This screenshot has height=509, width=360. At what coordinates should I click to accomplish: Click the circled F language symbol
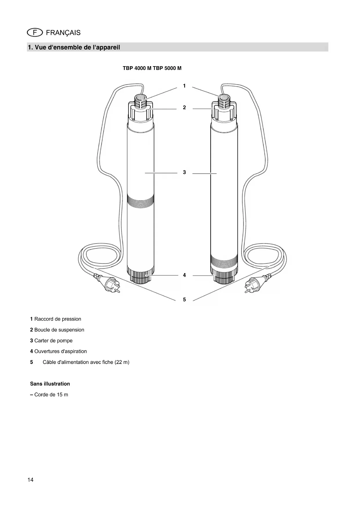point(35,33)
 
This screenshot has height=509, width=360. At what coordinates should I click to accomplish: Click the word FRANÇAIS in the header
point(63,33)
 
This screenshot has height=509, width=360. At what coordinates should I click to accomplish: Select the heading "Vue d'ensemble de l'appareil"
point(77,47)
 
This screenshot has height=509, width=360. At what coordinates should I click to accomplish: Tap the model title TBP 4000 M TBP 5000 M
point(152,68)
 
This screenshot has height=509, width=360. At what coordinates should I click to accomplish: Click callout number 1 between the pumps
point(184,86)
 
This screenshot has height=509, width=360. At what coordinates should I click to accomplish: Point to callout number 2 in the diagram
point(184,108)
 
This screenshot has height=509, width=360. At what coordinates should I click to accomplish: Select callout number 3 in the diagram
point(184,172)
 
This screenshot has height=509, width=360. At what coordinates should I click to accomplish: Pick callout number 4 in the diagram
point(184,275)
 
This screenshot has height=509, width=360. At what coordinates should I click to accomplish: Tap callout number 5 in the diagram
point(184,299)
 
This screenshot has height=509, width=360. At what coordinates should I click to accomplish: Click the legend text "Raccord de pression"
point(58,319)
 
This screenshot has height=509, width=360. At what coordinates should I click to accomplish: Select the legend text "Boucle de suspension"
point(59,330)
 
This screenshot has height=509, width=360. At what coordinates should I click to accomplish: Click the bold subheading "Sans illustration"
point(50,384)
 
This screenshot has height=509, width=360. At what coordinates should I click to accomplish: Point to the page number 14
point(30,480)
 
